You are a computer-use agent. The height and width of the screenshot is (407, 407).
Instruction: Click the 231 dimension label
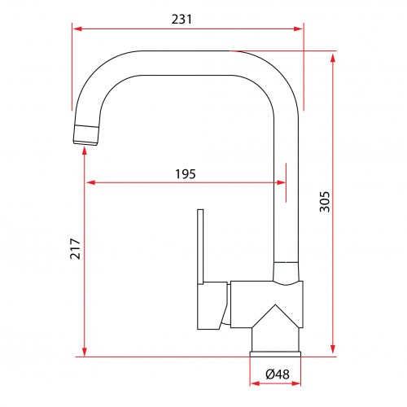182,19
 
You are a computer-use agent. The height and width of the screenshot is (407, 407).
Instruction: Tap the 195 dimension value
186,174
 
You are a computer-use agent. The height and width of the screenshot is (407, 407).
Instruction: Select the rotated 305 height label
325,202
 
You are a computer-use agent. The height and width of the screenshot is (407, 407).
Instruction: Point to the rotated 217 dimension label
75,248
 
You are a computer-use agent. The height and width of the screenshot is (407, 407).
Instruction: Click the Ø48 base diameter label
278,374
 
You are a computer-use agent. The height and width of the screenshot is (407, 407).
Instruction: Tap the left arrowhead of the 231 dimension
77,28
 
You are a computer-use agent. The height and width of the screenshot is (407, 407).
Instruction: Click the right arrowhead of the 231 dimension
298,28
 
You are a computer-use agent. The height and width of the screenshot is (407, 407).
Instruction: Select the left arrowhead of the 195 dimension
91,182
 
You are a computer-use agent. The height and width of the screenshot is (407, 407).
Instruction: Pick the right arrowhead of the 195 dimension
281,182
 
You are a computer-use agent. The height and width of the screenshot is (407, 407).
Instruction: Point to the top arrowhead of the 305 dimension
333,59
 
